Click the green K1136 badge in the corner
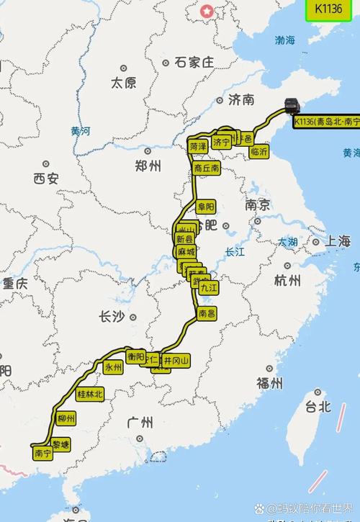[328, 9]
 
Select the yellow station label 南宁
[42, 454]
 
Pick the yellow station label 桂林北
[90, 394]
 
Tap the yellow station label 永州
[113, 366]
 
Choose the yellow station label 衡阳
[135, 356]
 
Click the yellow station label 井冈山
[176, 360]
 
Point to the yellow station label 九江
[208, 287]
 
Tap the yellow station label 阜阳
[206, 207]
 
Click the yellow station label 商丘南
[207, 167]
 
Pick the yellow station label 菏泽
[199, 145]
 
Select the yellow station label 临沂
[259, 151]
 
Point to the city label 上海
[336, 241]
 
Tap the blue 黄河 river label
[81, 131]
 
